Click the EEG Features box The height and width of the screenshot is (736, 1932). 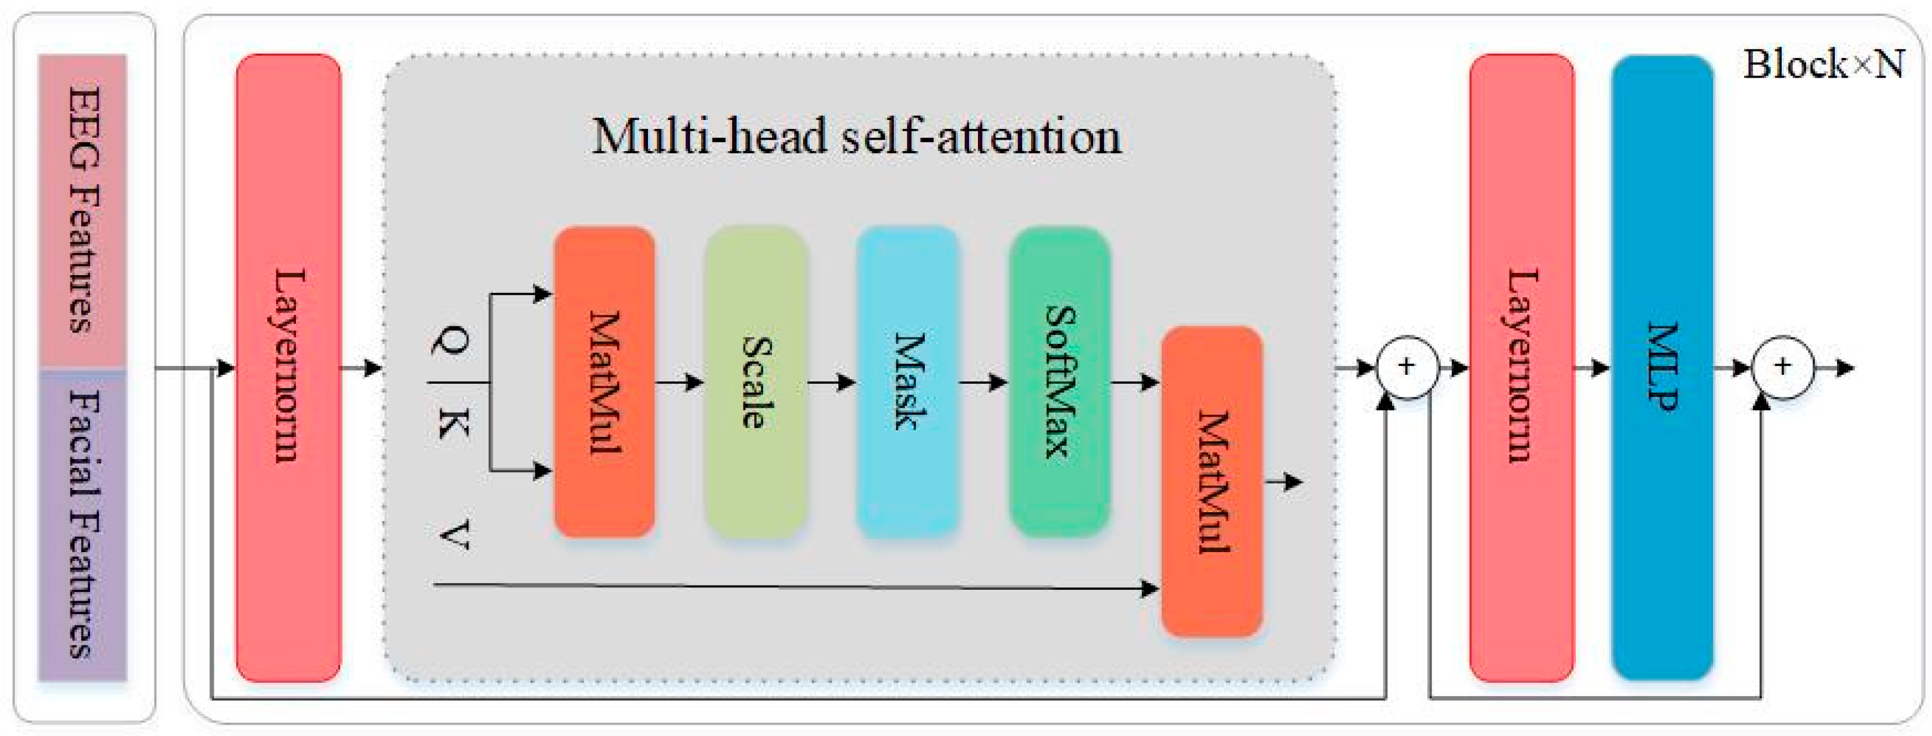(x=82, y=210)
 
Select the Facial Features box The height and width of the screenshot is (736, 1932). (x=82, y=525)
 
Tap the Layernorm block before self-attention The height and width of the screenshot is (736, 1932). (x=288, y=368)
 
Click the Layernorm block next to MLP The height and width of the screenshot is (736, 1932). (x=1521, y=368)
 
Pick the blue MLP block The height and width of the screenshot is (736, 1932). (x=1662, y=368)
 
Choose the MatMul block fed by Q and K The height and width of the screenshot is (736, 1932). (x=604, y=383)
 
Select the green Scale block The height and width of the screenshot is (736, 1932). (x=756, y=383)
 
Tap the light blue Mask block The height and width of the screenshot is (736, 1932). (x=908, y=383)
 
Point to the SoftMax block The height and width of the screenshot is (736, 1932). (x=1059, y=383)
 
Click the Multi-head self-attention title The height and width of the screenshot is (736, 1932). (x=856, y=137)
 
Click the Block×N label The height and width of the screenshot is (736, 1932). (x=1822, y=64)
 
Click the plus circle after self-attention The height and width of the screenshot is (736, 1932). (x=1407, y=368)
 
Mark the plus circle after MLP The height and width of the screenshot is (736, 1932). (x=1783, y=368)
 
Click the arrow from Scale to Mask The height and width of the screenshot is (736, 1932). (x=831, y=383)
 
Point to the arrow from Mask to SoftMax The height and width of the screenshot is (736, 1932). (x=983, y=383)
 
